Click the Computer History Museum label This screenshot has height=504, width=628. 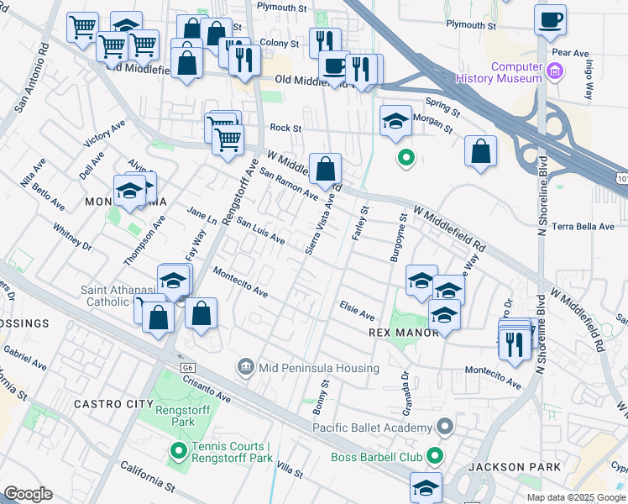coord(503,72)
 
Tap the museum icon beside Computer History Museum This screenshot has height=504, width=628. coord(553,72)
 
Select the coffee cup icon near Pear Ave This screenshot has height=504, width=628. coord(551,20)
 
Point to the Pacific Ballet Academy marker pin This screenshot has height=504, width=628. coord(444,427)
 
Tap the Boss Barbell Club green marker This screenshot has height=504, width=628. coord(434,457)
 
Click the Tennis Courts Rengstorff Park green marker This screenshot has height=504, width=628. coord(177,451)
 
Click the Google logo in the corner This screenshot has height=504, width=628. coord(28,494)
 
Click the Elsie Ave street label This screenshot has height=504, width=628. coord(356,310)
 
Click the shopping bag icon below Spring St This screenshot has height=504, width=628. coord(480,151)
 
